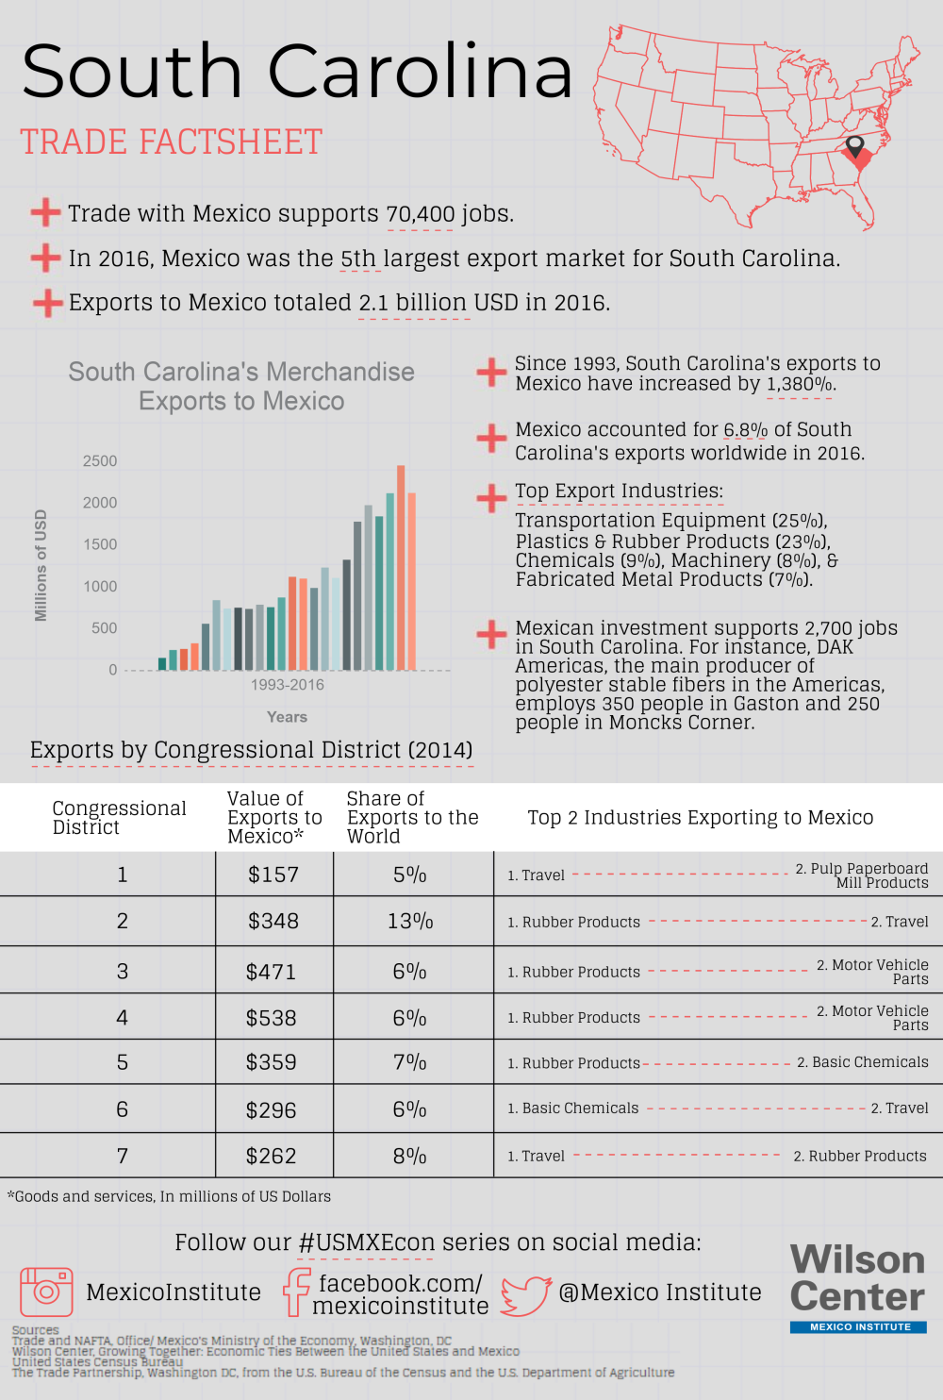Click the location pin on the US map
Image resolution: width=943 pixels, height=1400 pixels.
coord(855,147)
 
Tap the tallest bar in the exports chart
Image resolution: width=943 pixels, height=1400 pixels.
coord(401,566)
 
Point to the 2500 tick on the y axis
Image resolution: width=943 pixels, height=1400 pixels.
coord(100,461)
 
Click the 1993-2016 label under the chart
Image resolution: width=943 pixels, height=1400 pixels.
coord(287,685)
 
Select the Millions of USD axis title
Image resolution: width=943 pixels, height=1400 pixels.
coord(41,565)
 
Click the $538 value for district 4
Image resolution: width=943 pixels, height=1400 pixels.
coord(271,1018)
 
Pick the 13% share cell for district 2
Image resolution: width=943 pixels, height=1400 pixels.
coord(410,922)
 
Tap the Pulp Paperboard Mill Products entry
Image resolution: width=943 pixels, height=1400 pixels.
coord(862,875)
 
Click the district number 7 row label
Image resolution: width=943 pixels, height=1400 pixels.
coord(122,1156)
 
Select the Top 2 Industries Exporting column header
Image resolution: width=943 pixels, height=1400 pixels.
coord(700,818)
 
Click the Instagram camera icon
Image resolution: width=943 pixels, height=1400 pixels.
coord(46,1292)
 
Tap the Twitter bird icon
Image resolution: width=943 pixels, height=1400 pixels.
coord(525,1295)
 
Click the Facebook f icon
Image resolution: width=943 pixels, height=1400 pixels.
coord(297,1292)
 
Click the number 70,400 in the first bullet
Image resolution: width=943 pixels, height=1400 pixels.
coord(420,214)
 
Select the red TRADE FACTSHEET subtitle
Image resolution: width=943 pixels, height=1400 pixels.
coord(172,142)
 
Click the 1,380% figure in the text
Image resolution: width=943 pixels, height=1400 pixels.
coord(800,384)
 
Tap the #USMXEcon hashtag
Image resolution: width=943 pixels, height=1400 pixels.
coord(366,1242)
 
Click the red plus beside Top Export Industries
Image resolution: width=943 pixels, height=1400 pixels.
coord(491,497)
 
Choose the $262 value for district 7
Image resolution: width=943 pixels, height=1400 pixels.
coord(271,1156)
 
